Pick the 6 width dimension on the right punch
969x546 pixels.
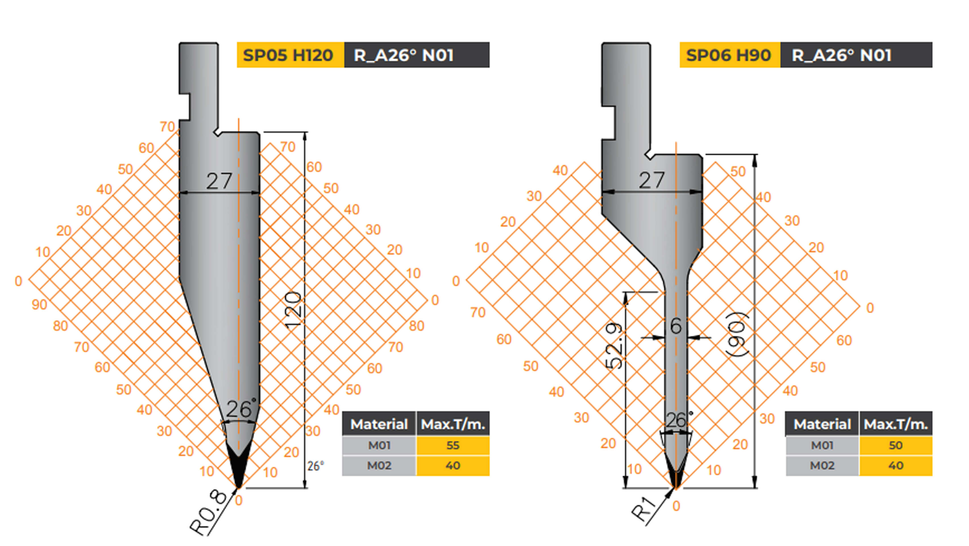pos(676,326)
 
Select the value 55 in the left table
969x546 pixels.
pos(453,446)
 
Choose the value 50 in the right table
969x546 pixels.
pos(896,446)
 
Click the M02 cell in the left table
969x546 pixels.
pos(379,466)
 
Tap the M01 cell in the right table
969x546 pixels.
pos(822,446)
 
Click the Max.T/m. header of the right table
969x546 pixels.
pos(896,425)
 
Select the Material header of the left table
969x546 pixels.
pos(379,425)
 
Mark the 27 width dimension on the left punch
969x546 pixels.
pos(219,181)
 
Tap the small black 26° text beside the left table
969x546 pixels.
pos(315,466)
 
